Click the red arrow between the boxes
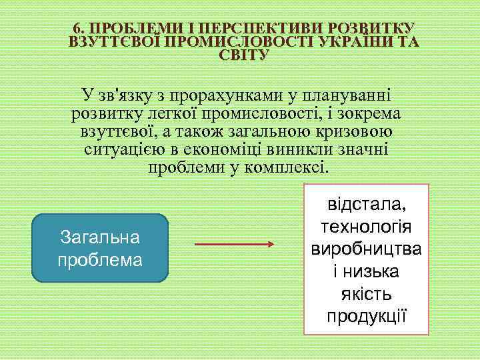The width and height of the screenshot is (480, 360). point(234,245)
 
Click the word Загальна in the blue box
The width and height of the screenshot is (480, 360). point(100,237)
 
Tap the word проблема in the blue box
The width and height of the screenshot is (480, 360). point(100,259)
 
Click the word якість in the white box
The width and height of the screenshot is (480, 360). point(366,293)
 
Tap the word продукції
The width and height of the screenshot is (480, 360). point(366,315)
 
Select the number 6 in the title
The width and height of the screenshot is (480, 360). point(77,28)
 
